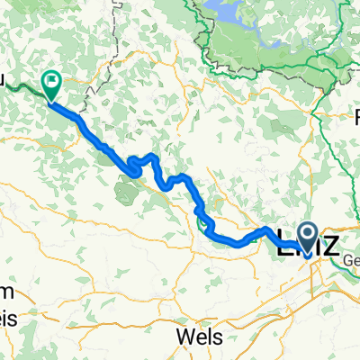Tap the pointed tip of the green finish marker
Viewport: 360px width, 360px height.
click(x=49, y=98)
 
